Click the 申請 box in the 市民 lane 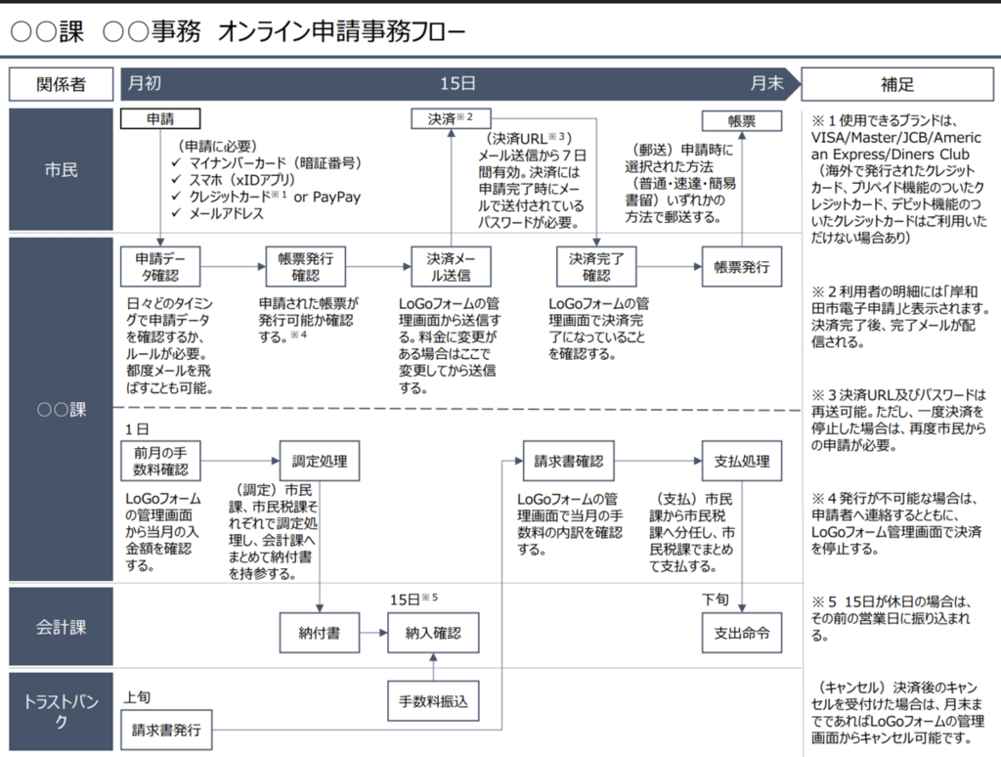160,119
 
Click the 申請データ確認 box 160,266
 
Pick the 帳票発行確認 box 305,266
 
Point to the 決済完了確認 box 596,266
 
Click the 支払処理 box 741,461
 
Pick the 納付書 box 319,633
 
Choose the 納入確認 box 433,633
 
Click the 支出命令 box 741,633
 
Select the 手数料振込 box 433,700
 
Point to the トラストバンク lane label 62,712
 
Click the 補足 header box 896,84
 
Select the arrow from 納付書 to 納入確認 372,633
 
